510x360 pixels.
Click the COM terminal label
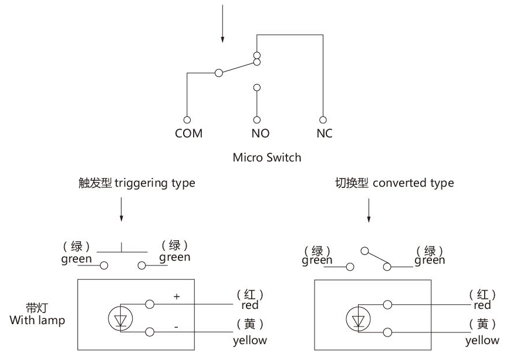tap(188, 133)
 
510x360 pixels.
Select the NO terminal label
tap(260, 133)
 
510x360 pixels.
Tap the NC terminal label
tap(324, 133)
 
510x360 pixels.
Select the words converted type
tap(413, 183)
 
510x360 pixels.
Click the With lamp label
tap(37, 321)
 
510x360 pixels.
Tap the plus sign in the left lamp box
tap(177, 297)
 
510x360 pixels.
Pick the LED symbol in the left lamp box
tap(121, 318)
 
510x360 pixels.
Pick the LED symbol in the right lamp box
tap(358, 319)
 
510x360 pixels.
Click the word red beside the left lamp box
tap(250, 305)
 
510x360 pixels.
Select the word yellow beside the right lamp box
tap(482, 340)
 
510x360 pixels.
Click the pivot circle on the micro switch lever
tap(219, 73)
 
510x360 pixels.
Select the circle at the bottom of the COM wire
tap(187, 119)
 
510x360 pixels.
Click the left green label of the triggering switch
tap(76, 258)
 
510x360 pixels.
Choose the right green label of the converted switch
tap(430, 260)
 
